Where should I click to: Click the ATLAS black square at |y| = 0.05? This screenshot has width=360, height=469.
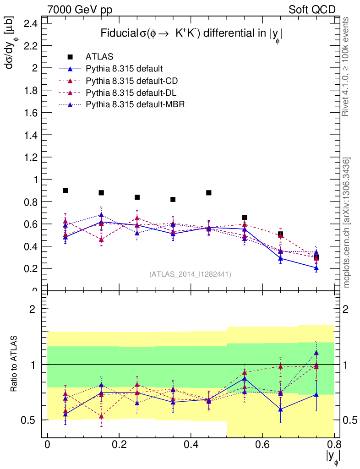[65, 191]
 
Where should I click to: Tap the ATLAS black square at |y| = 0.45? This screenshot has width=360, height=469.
[208, 193]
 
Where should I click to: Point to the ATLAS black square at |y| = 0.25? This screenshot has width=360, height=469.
[137, 197]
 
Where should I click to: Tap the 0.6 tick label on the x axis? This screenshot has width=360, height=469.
[262, 446]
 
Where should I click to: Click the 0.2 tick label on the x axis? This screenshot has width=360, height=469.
[119, 446]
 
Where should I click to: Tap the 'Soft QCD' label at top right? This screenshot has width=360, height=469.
[312, 9]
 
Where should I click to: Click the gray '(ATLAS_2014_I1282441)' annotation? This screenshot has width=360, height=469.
[190, 274]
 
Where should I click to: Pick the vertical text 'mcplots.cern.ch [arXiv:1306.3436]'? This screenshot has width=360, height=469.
[347, 223]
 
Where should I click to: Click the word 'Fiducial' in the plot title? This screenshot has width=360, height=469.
[119, 33]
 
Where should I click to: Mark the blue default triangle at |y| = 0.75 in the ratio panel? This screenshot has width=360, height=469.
[316, 394]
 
